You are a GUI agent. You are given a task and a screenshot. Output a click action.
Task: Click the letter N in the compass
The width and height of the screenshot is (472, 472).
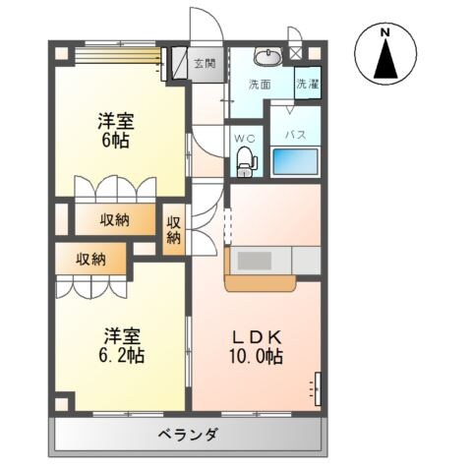click(385, 31)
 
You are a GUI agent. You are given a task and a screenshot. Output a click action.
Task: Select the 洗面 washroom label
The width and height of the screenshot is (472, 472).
click(260, 85)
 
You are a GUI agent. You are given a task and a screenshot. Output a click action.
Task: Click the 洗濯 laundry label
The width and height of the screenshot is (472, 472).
click(308, 85)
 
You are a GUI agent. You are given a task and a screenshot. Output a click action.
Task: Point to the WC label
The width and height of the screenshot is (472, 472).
click(244, 137)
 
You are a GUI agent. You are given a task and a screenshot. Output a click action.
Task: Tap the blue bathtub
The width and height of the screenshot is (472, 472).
click(294, 161)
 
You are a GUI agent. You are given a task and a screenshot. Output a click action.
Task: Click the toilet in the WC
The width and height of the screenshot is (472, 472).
click(243, 160)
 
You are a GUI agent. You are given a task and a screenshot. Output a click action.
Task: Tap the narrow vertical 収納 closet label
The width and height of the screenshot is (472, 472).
click(173, 229)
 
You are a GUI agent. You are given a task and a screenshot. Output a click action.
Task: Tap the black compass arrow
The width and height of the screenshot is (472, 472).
click(385, 62)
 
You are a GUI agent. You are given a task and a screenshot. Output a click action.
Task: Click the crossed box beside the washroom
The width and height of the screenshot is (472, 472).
click(295, 55)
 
